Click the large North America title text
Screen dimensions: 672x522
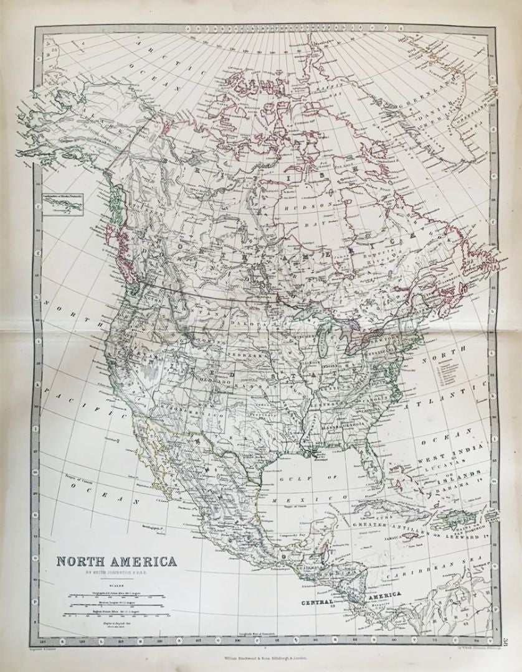116,561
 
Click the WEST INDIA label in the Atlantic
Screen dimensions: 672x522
443,462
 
